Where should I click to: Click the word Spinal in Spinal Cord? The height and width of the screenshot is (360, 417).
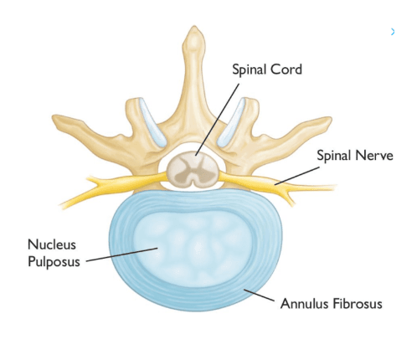pos(250,69)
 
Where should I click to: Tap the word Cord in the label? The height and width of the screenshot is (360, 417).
pos(286,69)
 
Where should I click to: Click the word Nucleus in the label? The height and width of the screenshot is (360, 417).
pos(52,244)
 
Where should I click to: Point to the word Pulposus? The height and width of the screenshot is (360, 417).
pos(54,262)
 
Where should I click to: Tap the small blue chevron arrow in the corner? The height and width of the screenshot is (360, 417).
pos(393,32)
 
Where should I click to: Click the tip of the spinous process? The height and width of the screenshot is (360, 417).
pos(194,27)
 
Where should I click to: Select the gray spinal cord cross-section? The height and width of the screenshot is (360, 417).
pos(193,168)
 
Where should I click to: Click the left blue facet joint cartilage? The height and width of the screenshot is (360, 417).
pos(152,122)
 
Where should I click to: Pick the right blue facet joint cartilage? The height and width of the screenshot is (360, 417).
pos(231,122)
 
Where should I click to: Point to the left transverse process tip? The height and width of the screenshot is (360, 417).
pos(54,118)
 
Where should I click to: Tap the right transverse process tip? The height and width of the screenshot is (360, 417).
pos(330,120)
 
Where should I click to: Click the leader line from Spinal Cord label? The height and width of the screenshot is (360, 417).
pos(218,120)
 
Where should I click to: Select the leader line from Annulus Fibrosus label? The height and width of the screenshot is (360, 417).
pos(259,296)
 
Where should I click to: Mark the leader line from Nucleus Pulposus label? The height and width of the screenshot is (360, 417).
pos(122,255)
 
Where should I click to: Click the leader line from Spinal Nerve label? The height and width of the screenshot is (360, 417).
pos(297,176)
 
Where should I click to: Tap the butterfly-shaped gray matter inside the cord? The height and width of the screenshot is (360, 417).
pos(193,169)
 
